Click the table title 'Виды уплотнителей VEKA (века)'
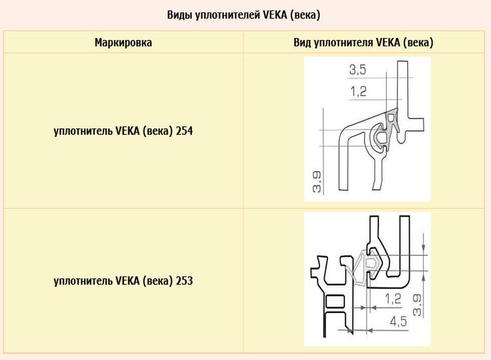point(244,15)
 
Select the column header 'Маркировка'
point(123,43)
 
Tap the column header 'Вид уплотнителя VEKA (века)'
point(363,43)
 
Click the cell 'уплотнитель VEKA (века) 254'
point(123,131)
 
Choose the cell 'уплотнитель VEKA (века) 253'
point(123,281)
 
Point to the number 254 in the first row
point(185,130)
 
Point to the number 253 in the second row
point(185,281)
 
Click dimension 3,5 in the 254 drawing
point(357,70)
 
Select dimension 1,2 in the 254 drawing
point(358,92)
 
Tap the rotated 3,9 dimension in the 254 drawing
point(317,182)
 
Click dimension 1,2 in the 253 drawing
point(393,298)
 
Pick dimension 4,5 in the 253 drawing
point(398,321)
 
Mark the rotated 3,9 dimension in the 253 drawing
point(417,305)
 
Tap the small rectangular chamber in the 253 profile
point(335,302)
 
